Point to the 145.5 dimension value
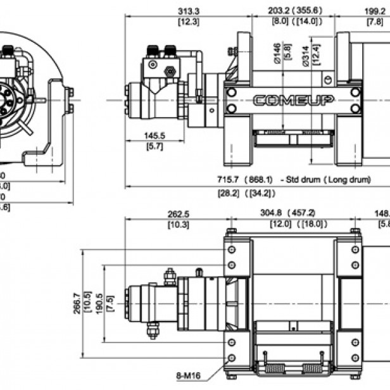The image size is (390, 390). (154, 136)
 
